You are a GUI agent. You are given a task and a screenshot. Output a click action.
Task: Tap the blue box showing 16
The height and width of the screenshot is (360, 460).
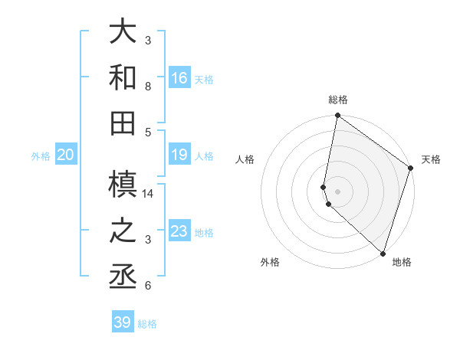pyautogui.click(x=179, y=78)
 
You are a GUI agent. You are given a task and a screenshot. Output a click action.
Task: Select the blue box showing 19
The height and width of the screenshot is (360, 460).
pyautogui.click(x=179, y=155)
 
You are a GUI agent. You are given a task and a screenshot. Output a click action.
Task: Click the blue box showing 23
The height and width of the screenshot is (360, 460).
pyautogui.click(x=179, y=231)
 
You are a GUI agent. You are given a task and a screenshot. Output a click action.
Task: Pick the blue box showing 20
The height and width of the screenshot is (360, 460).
pyautogui.click(x=66, y=155)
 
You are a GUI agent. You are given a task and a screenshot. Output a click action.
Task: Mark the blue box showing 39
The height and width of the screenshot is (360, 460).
pyautogui.click(x=123, y=322)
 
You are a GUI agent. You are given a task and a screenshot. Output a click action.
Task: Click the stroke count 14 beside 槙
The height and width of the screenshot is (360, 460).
pyautogui.click(x=149, y=194)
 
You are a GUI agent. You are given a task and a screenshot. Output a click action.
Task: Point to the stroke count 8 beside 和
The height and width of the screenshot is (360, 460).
pyautogui.click(x=149, y=87)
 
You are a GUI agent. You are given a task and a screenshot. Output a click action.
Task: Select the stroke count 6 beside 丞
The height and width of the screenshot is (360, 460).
pyautogui.click(x=149, y=286)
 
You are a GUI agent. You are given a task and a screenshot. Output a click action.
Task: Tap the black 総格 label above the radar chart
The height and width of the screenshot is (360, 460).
pyautogui.click(x=338, y=100)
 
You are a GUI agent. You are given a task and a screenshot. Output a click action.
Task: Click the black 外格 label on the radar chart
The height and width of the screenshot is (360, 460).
pyautogui.click(x=270, y=263)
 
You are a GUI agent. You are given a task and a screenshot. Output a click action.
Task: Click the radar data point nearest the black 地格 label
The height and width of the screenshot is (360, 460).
pyautogui.click(x=383, y=253)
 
